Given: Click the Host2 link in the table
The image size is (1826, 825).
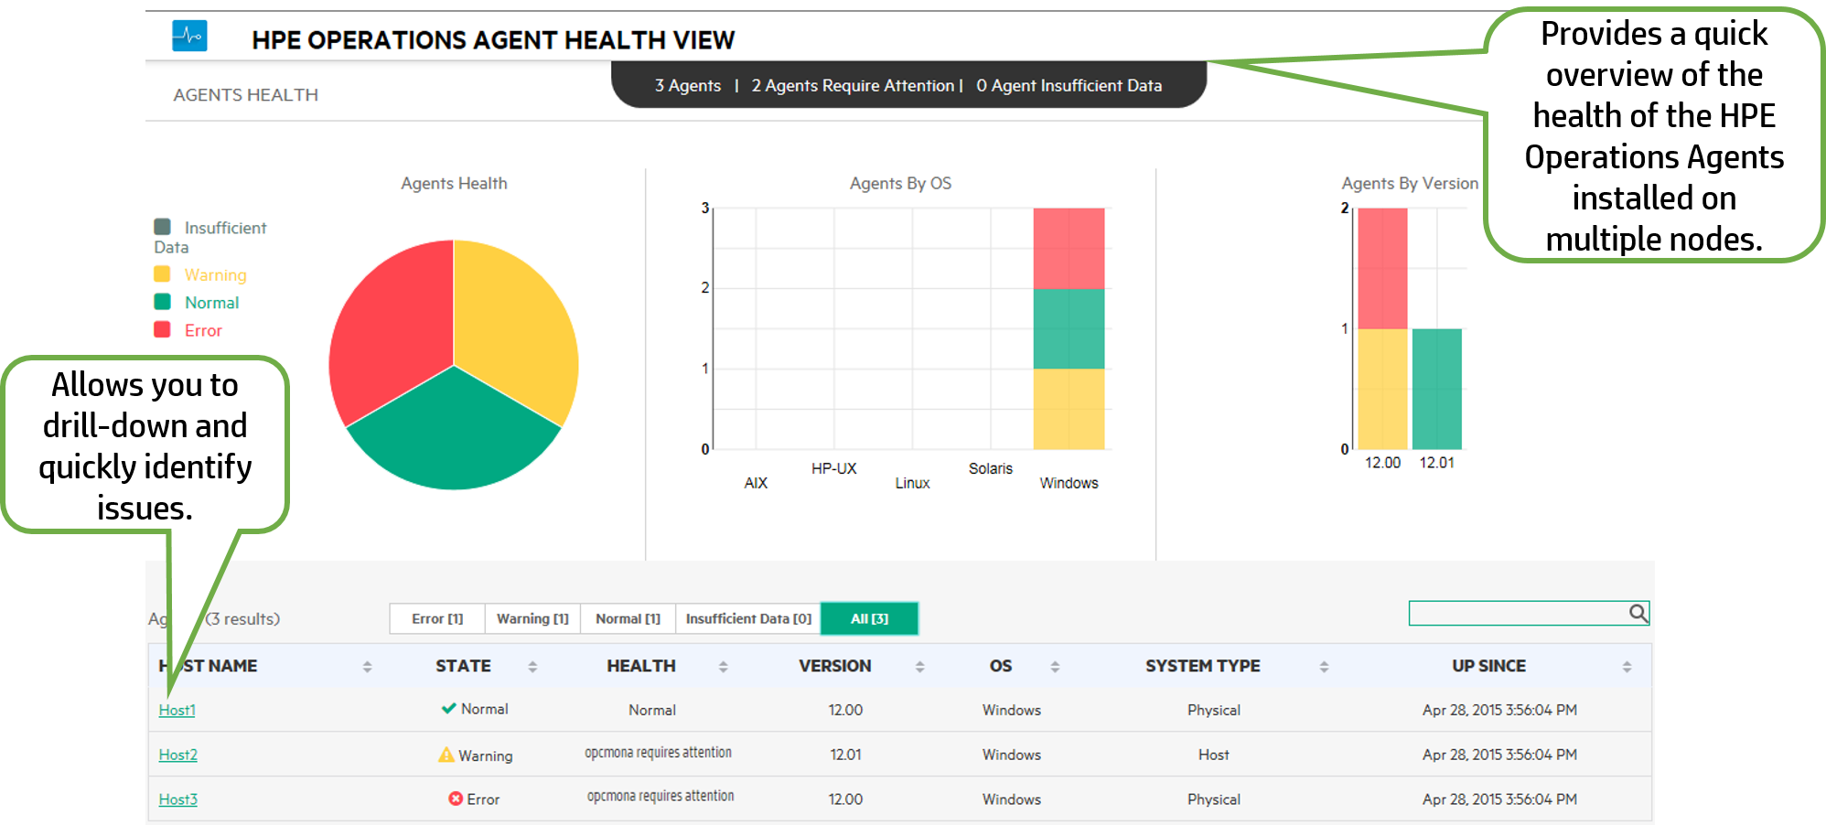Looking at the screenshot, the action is tap(177, 755).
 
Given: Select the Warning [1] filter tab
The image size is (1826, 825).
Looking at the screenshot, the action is tap(532, 619).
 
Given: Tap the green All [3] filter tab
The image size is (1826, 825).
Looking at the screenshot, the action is tap(869, 619).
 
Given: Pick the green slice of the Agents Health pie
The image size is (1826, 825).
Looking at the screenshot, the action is tap(454, 434).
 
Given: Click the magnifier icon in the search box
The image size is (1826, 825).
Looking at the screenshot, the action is tap(1638, 613).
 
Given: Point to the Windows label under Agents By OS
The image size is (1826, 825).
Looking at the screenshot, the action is tap(1069, 483).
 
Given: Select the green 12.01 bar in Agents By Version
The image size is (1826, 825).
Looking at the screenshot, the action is tap(1436, 389).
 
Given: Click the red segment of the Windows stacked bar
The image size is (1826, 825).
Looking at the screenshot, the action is tap(1069, 248).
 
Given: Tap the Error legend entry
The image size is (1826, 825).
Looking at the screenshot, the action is tap(203, 330).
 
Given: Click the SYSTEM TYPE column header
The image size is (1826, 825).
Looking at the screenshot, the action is tap(1202, 666).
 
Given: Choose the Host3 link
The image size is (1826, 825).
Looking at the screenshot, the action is tap(177, 799).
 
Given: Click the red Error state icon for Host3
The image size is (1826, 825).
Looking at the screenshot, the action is tap(455, 798).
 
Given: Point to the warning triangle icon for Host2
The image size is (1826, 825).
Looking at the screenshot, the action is tap(446, 755).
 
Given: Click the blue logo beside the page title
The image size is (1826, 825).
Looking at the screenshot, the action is tap(189, 37).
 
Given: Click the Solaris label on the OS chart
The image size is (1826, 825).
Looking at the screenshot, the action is tap(991, 468).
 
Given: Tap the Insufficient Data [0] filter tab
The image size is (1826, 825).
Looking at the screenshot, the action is tap(748, 619).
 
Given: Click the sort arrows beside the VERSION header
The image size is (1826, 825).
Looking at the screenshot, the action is tap(919, 667).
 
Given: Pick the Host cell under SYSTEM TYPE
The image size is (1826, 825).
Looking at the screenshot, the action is tap(1213, 755).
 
